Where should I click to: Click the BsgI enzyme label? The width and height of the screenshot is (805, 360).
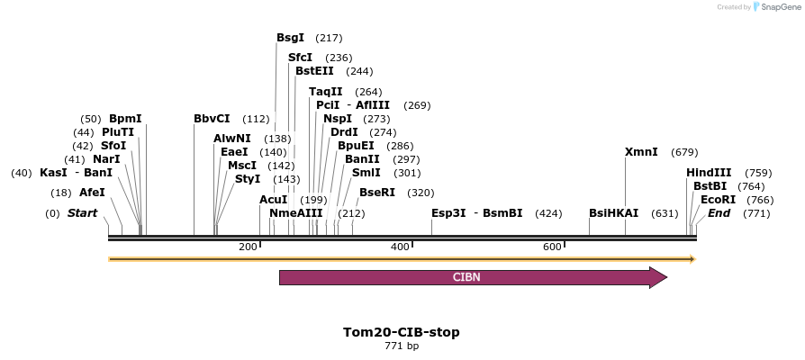(x=290, y=38)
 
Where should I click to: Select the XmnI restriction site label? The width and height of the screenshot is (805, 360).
(x=641, y=152)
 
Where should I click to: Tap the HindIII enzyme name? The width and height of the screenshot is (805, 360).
(x=709, y=173)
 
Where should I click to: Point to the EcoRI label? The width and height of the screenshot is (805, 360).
(x=718, y=200)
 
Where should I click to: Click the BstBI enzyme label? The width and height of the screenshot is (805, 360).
(x=710, y=186)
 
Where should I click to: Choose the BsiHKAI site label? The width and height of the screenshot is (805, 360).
(x=613, y=213)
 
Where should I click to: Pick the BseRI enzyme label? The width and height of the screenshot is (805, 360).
(x=377, y=193)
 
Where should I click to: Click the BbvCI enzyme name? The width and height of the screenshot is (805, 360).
(x=212, y=119)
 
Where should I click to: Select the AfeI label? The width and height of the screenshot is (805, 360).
(x=92, y=193)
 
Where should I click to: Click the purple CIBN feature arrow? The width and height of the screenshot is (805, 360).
(x=473, y=277)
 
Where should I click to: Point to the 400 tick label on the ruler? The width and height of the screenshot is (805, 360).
(x=400, y=247)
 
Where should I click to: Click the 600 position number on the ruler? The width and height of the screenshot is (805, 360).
(x=552, y=247)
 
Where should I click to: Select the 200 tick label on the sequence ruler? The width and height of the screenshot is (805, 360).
(x=248, y=247)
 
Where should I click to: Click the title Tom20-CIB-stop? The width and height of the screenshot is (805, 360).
(x=402, y=332)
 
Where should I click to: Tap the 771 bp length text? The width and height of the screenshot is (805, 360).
(x=402, y=346)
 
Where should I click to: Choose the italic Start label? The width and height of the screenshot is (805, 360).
(x=82, y=213)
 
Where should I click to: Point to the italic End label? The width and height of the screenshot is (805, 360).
(x=719, y=213)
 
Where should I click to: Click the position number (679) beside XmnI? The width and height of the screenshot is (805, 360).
(x=684, y=152)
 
